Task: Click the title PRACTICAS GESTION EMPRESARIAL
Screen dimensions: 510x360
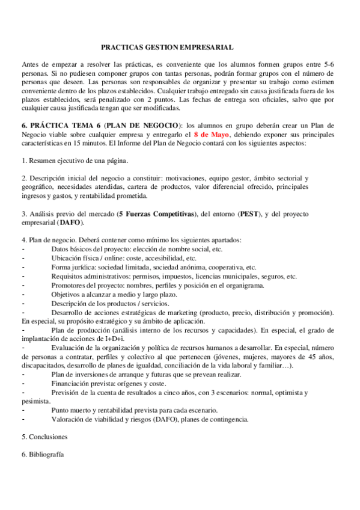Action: [166, 46]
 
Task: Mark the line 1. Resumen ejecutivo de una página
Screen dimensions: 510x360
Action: [75, 161]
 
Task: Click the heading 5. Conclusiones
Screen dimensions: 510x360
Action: [44, 436]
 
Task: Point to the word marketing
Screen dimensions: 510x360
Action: [187, 312]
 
